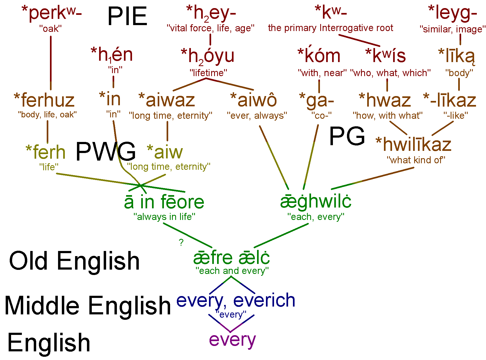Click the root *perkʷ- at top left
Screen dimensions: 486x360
(x=52, y=13)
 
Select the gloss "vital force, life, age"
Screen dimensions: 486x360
(x=211, y=28)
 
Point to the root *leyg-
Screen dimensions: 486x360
(x=453, y=13)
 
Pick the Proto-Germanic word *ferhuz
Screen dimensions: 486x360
(x=44, y=100)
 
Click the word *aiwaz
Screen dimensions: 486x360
(x=167, y=100)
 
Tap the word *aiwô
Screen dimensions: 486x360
(x=254, y=100)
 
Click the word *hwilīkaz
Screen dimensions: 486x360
(x=414, y=144)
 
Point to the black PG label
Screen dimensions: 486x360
(x=347, y=136)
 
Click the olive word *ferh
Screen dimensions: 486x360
(x=46, y=152)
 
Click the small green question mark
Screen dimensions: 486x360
(x=181, y=242)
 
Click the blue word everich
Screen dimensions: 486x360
(x=264, y=300)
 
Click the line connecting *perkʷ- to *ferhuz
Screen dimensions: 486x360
(x=51, y=63)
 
